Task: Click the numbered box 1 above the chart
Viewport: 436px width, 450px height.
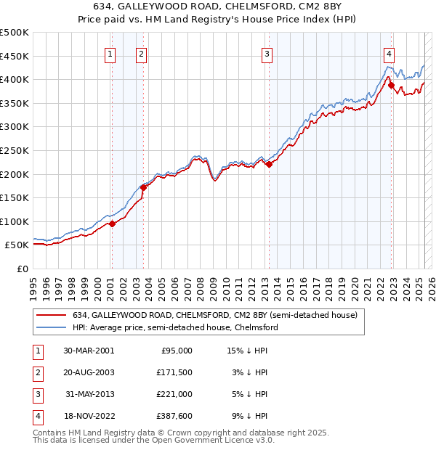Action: click(110, 53)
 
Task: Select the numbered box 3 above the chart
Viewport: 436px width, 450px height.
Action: click(267, 53)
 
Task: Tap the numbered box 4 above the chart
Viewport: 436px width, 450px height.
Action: click(389, 53)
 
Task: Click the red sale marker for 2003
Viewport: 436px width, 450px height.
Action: click(143, 187)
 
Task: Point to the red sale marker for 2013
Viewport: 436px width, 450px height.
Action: click(269, 164)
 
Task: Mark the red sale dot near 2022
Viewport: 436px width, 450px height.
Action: click(391, 85)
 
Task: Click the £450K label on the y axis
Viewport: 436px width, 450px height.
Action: click(15, 56)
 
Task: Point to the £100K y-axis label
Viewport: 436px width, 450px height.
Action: click(15, 221)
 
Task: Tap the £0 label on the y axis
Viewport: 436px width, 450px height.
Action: click(23, 269)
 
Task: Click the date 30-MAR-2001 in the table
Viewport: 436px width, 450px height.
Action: click(88, 350)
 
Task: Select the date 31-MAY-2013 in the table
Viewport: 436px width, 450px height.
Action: click(88, 394)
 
